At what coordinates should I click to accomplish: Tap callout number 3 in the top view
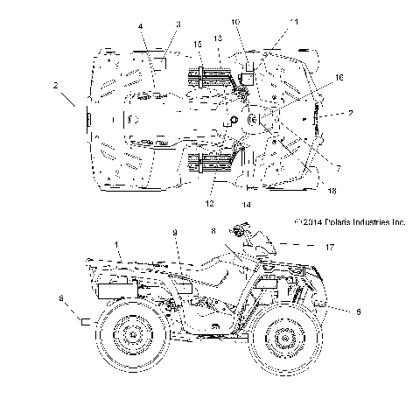178,24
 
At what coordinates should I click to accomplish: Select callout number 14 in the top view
247,204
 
